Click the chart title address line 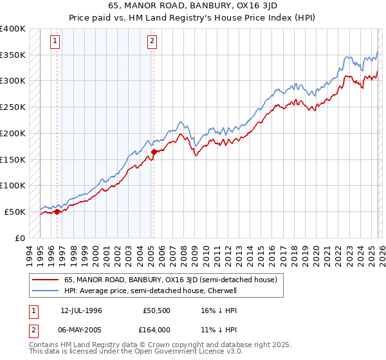coord(192,6)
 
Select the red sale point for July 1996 coord(57,211)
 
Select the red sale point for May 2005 coord(154,152)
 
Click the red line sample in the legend coord(44,280)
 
